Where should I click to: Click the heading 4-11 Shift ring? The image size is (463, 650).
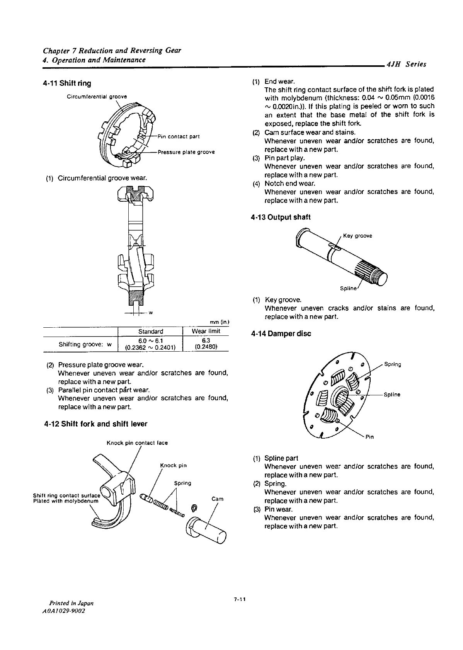68,83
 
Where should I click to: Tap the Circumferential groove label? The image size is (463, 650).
97,96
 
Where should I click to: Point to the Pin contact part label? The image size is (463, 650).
179,136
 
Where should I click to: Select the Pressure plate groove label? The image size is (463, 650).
186,152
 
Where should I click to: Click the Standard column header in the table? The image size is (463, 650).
150,331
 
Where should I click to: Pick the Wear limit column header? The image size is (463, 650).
206,331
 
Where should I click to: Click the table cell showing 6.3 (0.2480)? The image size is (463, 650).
206,344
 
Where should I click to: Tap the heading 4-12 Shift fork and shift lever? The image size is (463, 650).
96,424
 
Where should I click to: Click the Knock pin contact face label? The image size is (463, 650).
137,443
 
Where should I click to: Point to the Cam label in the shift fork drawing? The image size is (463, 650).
218,499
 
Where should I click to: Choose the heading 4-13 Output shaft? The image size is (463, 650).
281,217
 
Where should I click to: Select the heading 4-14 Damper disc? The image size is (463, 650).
281,334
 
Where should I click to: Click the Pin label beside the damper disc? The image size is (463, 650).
369,437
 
